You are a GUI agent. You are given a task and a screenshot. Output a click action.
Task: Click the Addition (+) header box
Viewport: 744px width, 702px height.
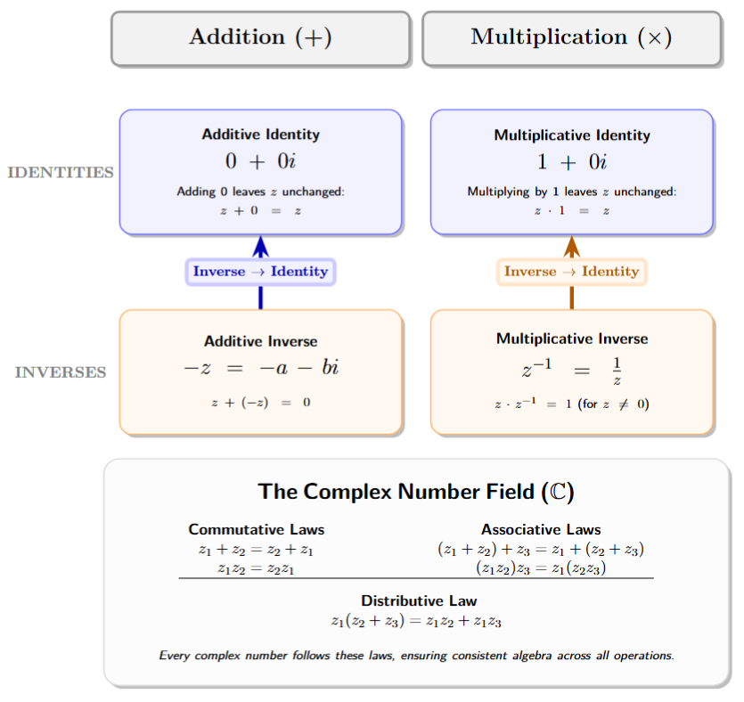point(260,37)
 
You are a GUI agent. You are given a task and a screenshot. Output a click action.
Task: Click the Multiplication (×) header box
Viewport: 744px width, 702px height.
point(571,37)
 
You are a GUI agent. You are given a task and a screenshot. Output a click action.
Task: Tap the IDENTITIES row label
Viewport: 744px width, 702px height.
point(61,172)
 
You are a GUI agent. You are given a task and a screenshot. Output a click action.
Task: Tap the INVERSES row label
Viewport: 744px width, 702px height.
point(61,372)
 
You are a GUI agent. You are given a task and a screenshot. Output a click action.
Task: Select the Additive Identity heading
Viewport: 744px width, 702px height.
point(260,135)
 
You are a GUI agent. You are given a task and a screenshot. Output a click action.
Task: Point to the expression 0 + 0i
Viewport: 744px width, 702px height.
point(260,162)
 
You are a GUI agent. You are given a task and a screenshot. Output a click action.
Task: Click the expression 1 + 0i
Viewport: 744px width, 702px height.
point(571,162)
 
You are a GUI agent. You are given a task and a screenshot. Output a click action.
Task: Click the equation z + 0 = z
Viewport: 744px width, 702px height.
point(260,211)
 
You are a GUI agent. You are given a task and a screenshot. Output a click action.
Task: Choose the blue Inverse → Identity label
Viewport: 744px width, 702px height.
point(260,272)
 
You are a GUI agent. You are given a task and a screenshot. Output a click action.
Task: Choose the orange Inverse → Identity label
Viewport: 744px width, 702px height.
point(571,272)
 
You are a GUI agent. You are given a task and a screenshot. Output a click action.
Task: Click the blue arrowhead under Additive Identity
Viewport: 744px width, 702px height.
point(260,246)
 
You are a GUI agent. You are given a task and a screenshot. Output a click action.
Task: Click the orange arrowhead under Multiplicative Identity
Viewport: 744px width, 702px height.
point(571,246)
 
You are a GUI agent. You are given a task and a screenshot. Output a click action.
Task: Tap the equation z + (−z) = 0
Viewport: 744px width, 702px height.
point(260,403)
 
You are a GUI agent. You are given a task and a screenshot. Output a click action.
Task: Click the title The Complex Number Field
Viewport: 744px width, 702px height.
point(416,491)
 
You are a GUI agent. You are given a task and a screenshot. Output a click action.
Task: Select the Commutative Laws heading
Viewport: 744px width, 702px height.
point(256,529)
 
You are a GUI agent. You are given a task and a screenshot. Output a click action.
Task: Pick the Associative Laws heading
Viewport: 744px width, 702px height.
point(541,529)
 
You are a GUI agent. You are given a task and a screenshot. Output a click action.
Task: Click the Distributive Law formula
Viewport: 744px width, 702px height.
point(416,621)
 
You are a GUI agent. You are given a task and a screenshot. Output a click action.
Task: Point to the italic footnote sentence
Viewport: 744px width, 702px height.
point(416,656)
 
